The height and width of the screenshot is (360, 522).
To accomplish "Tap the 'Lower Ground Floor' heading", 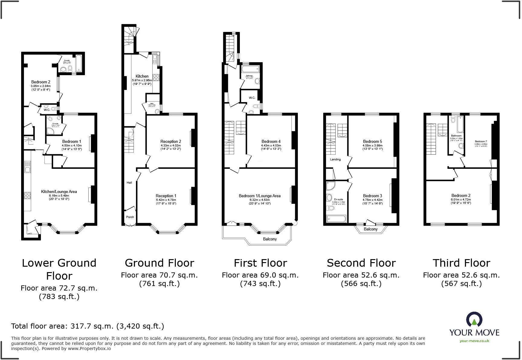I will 59,269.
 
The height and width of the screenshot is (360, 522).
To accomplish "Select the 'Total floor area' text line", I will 88,326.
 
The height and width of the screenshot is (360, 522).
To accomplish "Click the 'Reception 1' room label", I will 166,196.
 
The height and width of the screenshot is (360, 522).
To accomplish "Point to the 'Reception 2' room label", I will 171,141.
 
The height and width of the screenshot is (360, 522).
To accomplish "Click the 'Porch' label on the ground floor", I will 130,217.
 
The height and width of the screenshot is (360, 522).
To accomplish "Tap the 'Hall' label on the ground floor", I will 129,182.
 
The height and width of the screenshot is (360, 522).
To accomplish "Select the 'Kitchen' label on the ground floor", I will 142,76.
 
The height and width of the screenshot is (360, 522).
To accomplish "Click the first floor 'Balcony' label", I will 270,239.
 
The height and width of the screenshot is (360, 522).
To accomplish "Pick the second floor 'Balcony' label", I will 371,229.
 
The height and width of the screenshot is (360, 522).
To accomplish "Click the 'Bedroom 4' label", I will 271,141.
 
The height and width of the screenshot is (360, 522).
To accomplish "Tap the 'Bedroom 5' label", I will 372,141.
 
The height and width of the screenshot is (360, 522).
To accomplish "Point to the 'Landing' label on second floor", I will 335,159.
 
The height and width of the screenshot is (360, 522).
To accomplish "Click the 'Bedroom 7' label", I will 481,141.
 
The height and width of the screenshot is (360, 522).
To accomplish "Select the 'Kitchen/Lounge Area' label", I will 59,191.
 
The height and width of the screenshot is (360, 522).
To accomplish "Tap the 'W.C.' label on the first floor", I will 252,98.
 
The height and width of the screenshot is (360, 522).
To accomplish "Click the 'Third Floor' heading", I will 461,263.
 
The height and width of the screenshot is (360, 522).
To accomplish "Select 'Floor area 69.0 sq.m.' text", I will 260,275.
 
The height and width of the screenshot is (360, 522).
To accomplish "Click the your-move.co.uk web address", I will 474,341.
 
